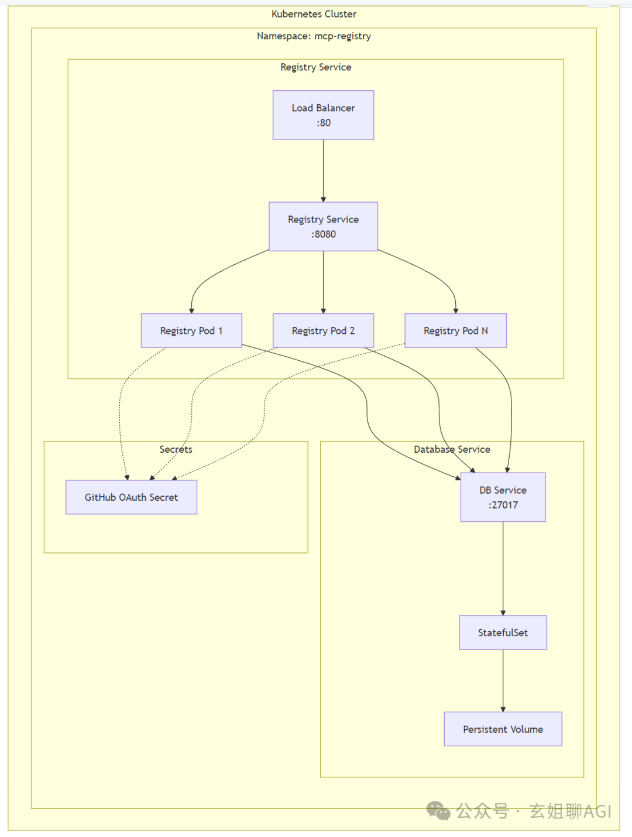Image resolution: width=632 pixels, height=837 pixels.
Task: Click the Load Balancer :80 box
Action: click(323, 115)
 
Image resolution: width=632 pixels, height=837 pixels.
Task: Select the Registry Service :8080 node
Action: click(323, 227)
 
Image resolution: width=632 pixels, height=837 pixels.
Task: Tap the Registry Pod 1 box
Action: click(191, 330)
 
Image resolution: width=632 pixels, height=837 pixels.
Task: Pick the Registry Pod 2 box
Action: click(323, 330)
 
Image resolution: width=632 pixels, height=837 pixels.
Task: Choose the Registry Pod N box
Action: click(456, 330)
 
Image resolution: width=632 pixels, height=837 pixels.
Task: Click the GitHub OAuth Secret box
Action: click(132, 497)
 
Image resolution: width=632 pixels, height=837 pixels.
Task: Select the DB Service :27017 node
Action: click(503, 497)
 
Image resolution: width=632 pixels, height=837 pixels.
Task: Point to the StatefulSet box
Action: click(503, 633)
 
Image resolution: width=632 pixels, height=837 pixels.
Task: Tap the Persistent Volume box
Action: click(503, 729)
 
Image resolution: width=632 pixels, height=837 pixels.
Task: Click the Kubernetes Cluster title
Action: click(314, 14)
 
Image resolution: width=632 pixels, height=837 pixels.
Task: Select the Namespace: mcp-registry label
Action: click(314, 36)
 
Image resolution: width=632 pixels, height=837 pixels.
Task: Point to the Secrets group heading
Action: click(176, 449)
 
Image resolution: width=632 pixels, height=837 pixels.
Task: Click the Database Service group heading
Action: click(452, 449)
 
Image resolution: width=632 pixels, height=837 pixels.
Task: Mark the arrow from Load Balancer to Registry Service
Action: click(323, 171)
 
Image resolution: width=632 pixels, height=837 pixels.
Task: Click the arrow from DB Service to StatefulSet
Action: click(503, 569)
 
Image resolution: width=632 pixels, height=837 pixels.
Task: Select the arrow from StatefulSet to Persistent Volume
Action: click(503, 681)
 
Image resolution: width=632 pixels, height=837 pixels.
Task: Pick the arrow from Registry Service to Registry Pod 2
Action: click(323, 282)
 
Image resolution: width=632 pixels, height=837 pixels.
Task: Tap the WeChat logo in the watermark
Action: click(438, 811)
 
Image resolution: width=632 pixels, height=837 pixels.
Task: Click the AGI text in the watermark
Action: click(597, 811)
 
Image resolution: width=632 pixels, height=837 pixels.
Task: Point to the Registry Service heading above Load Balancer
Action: click(316, 67)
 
